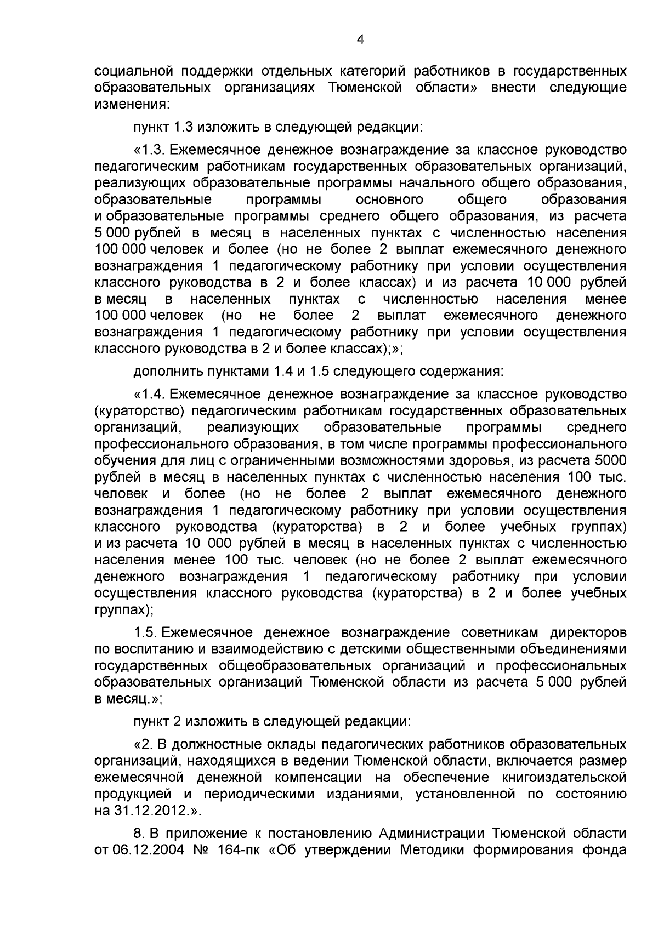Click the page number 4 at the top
[x=360, y=39]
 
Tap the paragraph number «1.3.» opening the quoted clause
[x=155, y=150]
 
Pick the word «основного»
[x=389, y=199]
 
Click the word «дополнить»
[x=166, y=372]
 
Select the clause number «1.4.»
[x=155, y=394]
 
